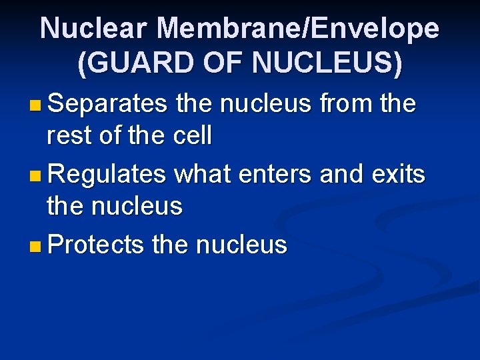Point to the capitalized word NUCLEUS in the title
point(327,63)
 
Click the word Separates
point(107,104)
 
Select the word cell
point(191,136)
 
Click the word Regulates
point(107,175)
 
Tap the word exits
point(398,175)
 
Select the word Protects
point(96,245)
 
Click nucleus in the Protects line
point(241,245)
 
